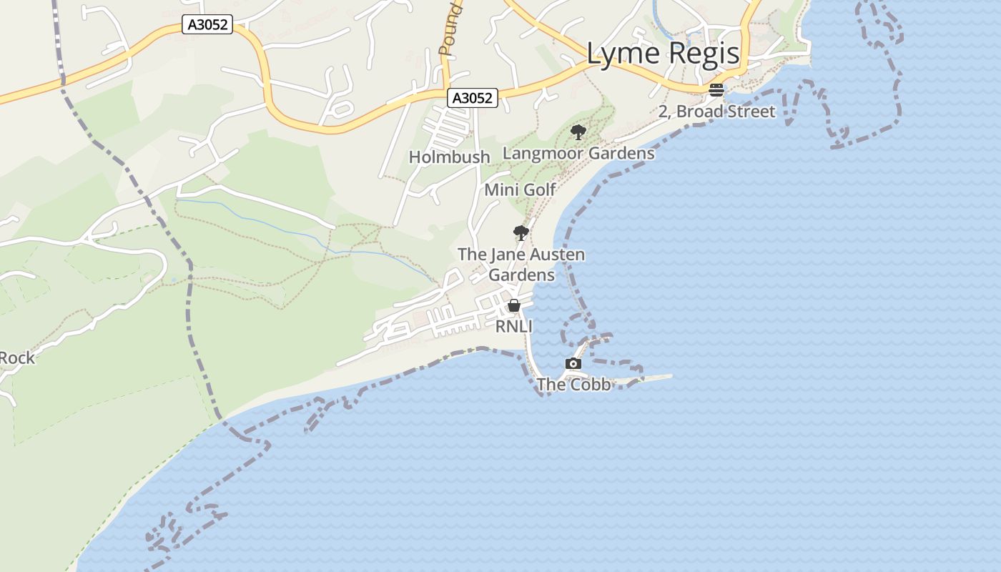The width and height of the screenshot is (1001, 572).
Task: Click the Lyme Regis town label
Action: [663, 54]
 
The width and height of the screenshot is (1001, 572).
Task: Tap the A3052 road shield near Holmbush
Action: [473, 98]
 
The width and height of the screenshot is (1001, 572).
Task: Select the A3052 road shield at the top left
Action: [208, 25]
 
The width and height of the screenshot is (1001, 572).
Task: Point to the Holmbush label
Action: [449, 157]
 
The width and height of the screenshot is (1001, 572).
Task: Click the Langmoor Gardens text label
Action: [578, 153]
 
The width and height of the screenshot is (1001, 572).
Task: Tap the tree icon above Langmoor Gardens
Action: [578, 132]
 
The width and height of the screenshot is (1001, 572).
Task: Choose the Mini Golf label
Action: [520, 189]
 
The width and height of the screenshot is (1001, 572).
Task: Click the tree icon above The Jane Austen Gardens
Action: [521, 232]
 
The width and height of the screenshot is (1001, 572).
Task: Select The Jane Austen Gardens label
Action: [521, 265]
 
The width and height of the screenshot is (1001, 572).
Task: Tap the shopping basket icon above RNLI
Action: [513, 306]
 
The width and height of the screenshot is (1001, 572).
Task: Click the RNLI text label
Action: [514, 326]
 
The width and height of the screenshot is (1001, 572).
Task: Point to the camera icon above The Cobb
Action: [573, 363]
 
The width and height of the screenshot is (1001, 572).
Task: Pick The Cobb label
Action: [573, 385]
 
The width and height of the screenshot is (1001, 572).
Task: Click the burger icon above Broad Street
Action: [716, 90]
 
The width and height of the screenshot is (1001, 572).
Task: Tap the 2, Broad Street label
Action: [716, 112]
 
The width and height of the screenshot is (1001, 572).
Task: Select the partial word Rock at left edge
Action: [17, 357]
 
